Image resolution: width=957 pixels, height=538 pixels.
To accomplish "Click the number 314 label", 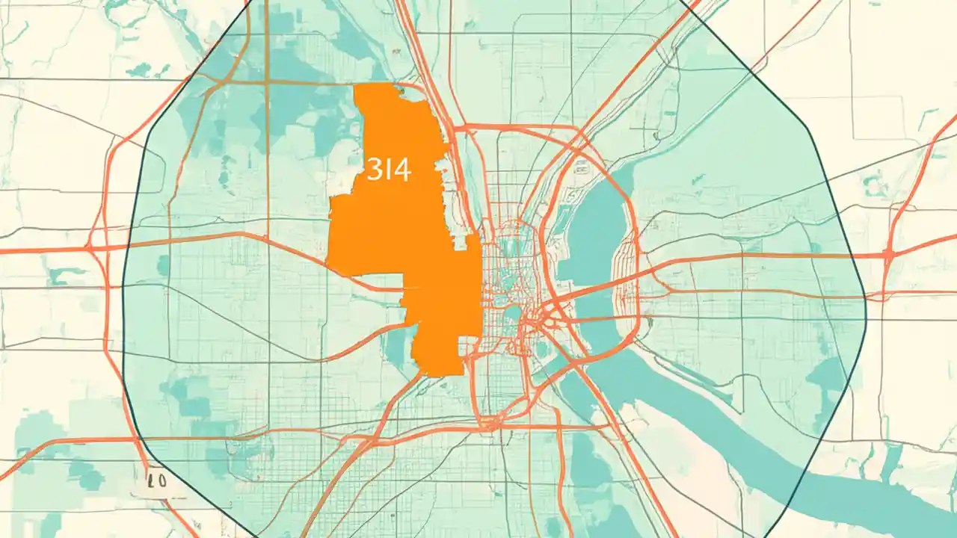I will tap(389, 170).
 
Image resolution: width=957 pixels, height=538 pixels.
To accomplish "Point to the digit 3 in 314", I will tap(374, 170).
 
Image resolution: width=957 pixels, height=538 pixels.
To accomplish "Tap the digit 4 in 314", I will tap(402, 170).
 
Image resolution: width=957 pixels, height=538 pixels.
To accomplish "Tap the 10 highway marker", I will tap(157, 483).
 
